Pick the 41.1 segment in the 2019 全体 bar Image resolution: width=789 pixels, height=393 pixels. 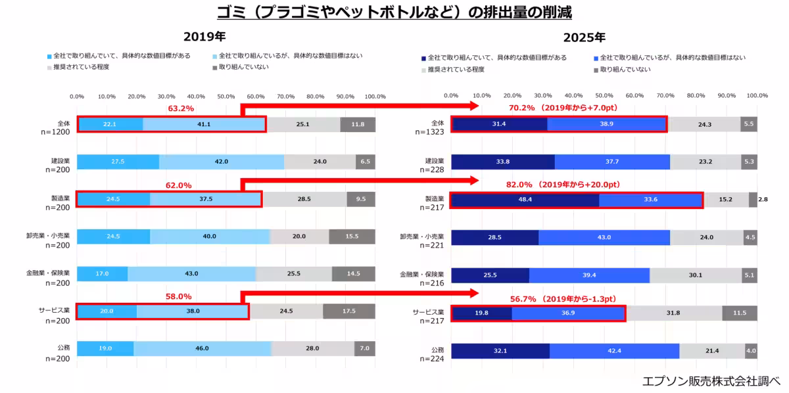[204, 124]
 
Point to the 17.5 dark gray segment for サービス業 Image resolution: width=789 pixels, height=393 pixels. [348, 312]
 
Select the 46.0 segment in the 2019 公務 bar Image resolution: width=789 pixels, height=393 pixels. [202, 349]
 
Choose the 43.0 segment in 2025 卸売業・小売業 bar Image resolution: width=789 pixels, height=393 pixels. [604, 238]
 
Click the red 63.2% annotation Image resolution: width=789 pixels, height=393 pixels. [180, 108]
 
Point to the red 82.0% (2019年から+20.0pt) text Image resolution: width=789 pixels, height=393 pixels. [564, 185]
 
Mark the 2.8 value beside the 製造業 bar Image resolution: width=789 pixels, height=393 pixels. [763, 200]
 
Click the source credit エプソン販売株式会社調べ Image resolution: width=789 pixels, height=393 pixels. [711, 381]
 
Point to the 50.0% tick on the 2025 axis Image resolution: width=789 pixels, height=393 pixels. [604, 96]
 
